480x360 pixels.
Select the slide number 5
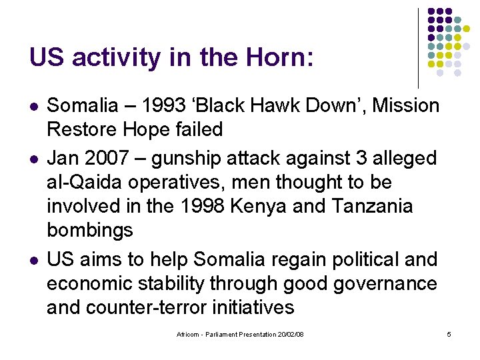449,333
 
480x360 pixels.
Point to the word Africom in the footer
189,333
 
